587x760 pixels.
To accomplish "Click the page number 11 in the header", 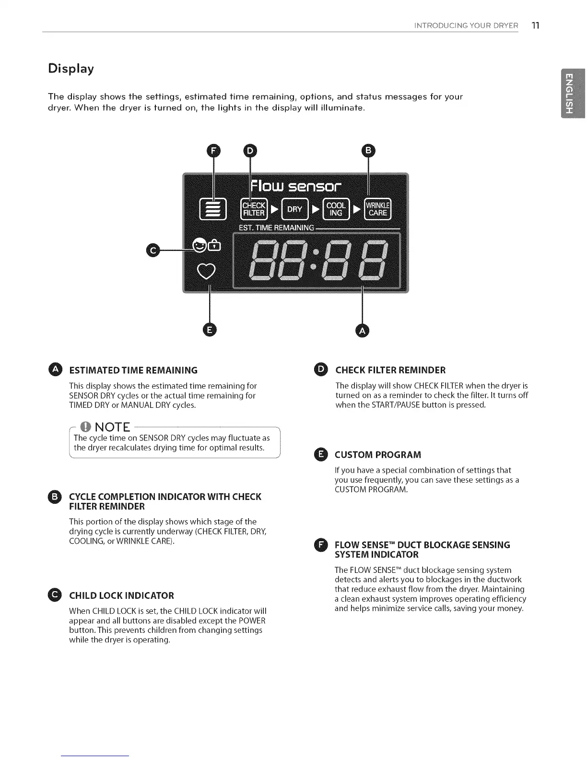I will click(x=535, y=25).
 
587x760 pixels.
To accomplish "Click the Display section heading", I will click(x=71, y=69).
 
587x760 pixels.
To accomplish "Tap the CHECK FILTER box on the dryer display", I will click(x=254, y=209).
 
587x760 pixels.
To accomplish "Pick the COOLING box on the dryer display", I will click(x=336, y=209).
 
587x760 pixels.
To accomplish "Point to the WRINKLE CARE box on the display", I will click(x=377, y=209).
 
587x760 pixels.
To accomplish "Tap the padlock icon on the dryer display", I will click(x=213, y=247).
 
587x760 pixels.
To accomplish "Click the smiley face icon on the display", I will click(x=199, y=246).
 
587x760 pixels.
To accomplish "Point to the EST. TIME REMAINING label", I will click(x=276, y=227).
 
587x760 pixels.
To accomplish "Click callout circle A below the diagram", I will click(x=363, y=331).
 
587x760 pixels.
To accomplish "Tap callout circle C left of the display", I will click(x=153, y=250).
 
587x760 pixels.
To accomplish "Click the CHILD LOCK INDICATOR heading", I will click(x=121, y=595).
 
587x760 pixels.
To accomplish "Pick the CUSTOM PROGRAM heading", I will click(x=377, y=454).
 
